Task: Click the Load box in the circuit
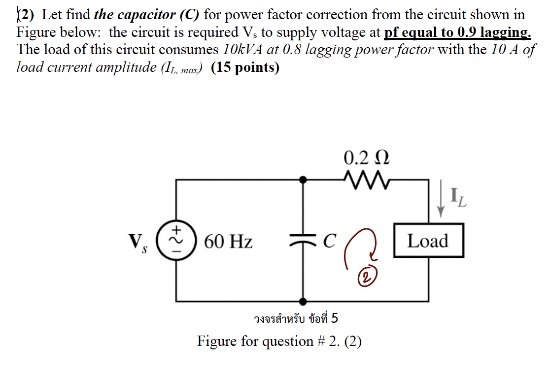[428, 241]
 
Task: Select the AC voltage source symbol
[176, 241]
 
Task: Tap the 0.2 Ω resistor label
[367, 159]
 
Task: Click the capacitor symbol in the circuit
[302, 241]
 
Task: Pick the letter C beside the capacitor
[330, 241]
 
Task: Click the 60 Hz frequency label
[228, 242]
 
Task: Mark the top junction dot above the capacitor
[302, 180]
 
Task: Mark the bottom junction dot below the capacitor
[302, 301]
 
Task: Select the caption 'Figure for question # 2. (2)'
[279, 341]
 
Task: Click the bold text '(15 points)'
[245, 67]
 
